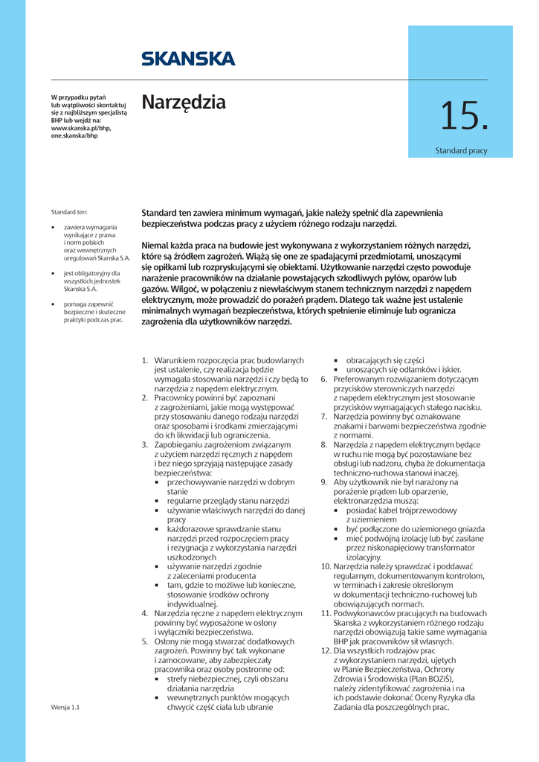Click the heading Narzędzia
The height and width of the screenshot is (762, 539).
coord(184,102)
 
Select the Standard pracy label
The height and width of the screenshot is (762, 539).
coord(461,151)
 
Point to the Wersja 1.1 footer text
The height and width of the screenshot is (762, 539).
coord(65,708)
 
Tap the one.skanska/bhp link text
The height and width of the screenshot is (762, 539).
coord(74,136)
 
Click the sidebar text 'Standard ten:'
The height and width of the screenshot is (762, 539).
coord(69,212)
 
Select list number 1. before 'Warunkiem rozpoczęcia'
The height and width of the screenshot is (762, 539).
coord(146,360)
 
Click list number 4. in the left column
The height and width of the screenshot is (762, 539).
coord(146,613)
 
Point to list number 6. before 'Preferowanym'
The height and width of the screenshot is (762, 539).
coord(324,379)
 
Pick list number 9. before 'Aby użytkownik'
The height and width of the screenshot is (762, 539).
coord(324,482)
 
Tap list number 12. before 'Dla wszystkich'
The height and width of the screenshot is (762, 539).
coord(326,650)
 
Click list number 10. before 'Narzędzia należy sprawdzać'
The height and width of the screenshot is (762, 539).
coord(326,566)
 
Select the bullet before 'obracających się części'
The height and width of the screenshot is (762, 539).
coord(337,360)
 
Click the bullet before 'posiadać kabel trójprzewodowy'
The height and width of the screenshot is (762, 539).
coord(337,510)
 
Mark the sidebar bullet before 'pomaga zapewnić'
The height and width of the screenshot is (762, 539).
coord(54,304)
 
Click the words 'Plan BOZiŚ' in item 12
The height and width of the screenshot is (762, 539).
coord(433,679)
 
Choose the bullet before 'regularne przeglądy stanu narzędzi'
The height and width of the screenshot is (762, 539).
coord(157,501)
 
